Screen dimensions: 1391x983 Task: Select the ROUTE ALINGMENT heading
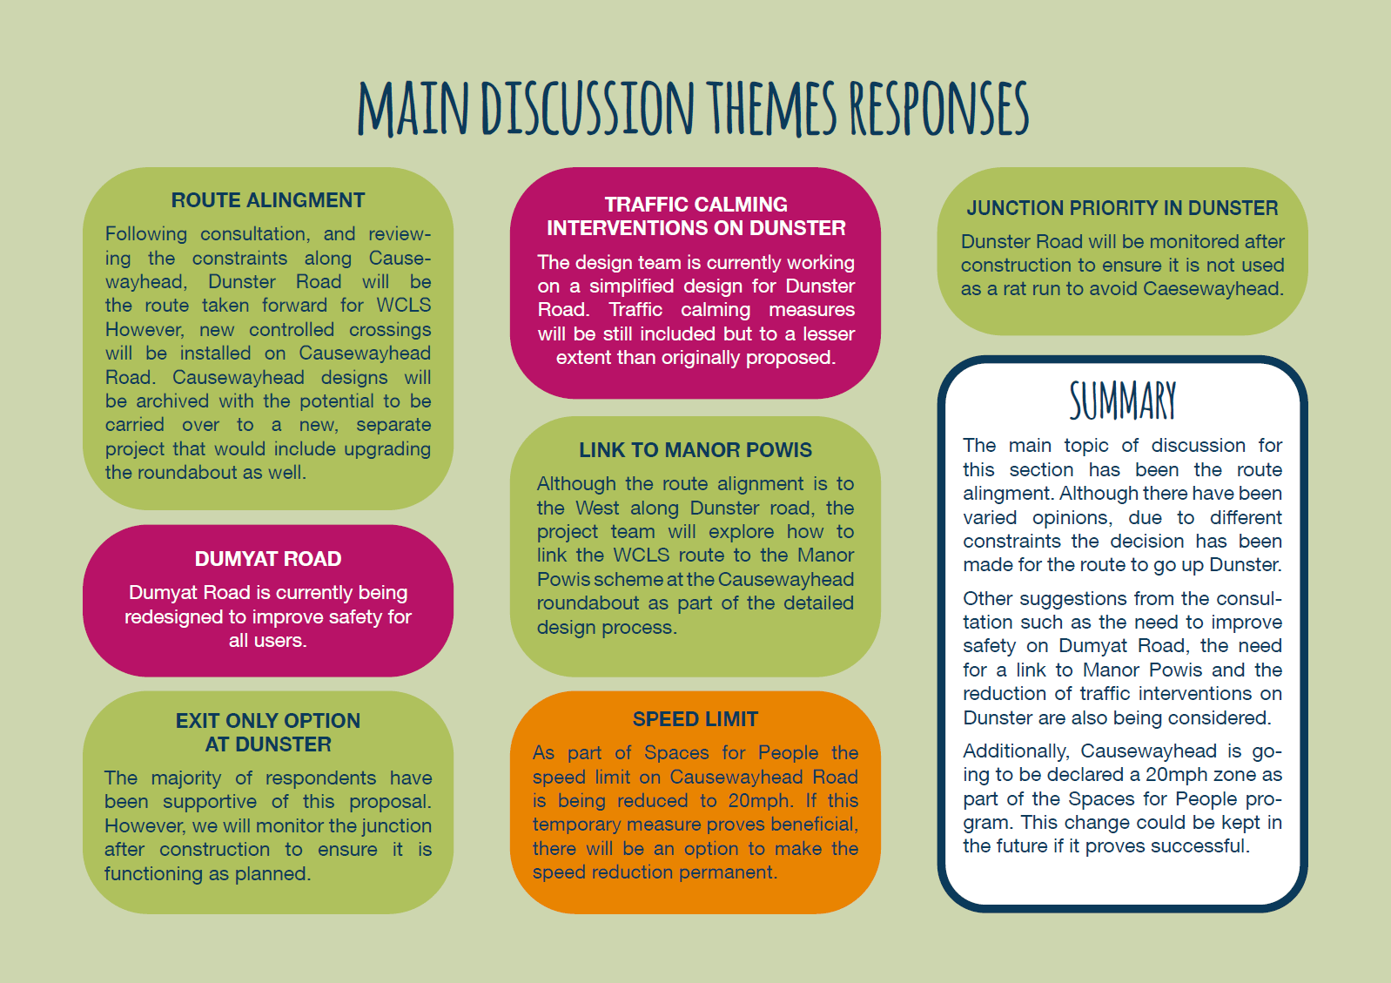click(x=267, y=200)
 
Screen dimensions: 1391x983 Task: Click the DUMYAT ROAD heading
click(x=267, y=559)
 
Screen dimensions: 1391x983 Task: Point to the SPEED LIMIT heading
click(x=695, y=719)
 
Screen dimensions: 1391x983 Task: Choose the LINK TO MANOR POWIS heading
click(x=695, y=449)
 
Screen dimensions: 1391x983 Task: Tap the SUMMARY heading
click(x=1122, y=401)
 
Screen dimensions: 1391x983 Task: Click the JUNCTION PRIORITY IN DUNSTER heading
click(x=1122, y=208)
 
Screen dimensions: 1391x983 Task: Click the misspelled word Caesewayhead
click(x=1213, y=289)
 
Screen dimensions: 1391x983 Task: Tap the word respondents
click(x=321, y=778)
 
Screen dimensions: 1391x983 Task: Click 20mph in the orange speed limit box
click(x=760, y=801)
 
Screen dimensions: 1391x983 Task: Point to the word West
click(x=597, y=508)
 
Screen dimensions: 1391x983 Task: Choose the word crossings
click(x=390, y=330)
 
